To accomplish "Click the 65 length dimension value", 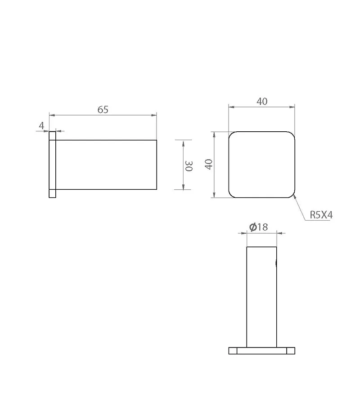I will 103,109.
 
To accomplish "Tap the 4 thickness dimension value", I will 42,126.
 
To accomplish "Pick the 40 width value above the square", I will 262,102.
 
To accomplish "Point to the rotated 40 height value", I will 208,164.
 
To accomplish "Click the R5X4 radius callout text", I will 321,215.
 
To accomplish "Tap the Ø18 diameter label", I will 259,227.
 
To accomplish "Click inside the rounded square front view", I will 262,165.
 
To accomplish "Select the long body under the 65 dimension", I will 106,165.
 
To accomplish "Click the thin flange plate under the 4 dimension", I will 52,165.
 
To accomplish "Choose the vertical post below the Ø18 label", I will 261,297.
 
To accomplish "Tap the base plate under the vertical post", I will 261,351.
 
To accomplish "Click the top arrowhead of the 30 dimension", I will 183,143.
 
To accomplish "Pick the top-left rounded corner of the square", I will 231,134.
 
